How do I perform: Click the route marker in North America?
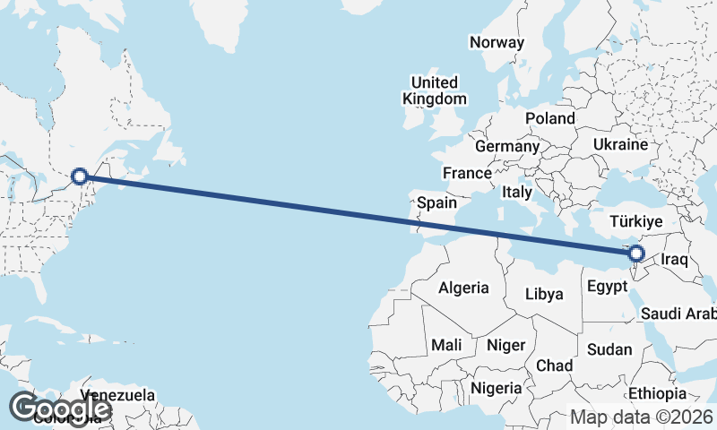coord(80,176)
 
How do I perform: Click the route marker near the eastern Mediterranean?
coord(637,254)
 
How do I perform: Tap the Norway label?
coord(496,42)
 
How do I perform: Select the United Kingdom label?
coord(436,90)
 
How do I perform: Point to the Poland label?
coord(550,118)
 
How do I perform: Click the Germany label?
coord(507,146)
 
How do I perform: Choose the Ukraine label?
coord(620,144)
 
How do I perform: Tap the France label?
coord(467,173)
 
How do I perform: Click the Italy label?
coord(517,192)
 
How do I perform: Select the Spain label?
coord(437,203)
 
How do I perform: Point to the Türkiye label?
coord(635,221)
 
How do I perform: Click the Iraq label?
coord(674,260)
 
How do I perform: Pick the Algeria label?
coord(463,288)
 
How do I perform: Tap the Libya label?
coord(544,294)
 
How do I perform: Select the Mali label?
coord(446,344)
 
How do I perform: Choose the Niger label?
coord(504,344)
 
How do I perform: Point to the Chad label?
coord(554,365)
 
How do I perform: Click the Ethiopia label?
coord(655,393)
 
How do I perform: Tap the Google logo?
coord(59,408)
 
